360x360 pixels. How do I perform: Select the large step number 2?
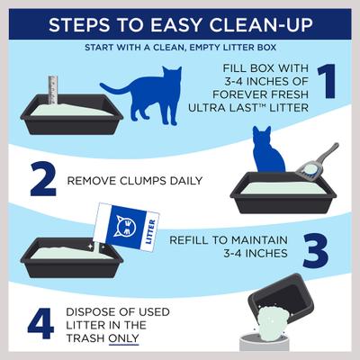point(41,180)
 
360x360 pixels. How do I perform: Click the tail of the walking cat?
point(112,88)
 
